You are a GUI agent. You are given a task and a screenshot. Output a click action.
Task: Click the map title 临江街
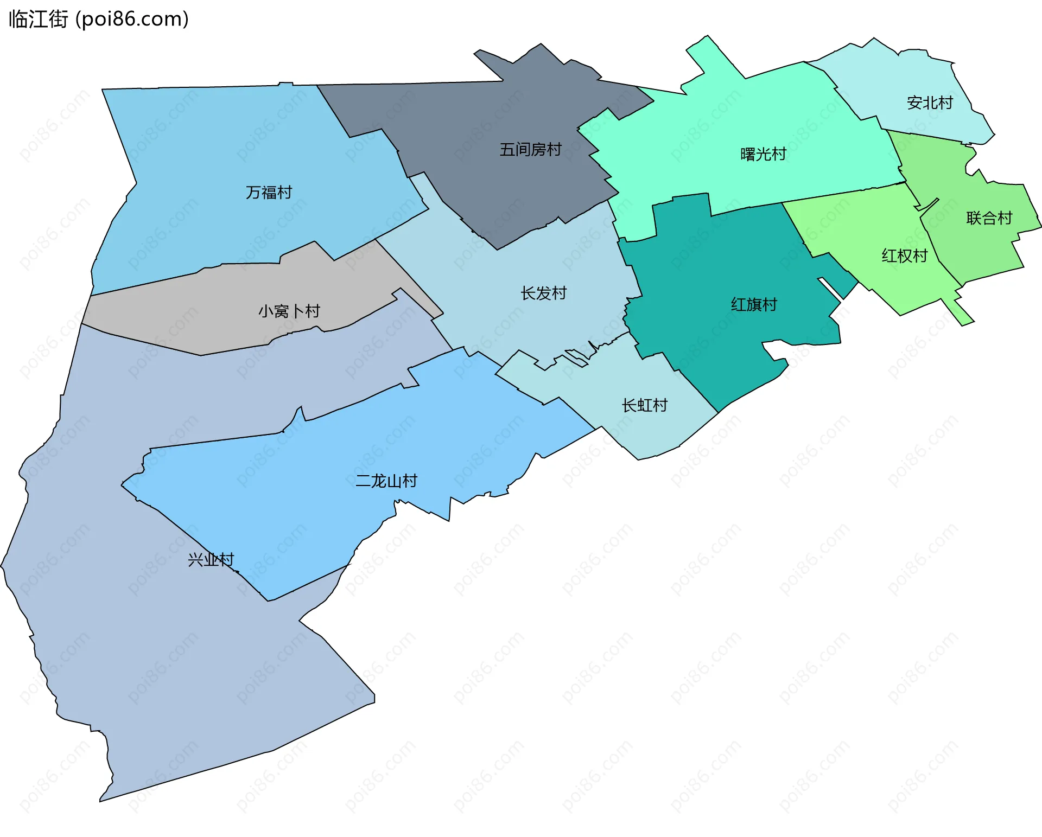(x=38, y=20)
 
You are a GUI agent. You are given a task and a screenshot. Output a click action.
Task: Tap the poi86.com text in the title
(x=132, y=20)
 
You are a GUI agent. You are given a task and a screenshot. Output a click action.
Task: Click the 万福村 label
(x=269, y=193)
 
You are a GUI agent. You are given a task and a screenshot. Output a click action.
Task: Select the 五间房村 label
(x=530, y=150)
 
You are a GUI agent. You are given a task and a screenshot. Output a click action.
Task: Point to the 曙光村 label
(x=763, y=155)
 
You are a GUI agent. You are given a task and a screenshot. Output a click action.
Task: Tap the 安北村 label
(x=930, y=103)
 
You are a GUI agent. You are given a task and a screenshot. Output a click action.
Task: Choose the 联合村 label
(x=989, y=218)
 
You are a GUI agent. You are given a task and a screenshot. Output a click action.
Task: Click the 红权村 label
(x=904, y=256)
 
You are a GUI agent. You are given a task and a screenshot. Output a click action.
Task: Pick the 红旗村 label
(x=754, y=305)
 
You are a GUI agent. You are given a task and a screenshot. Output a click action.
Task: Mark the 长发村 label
(x=543, y=293)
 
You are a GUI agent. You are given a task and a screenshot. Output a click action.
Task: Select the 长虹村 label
(x=644, y=406)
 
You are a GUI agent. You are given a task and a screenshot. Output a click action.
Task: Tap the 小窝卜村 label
(x=289, y=311)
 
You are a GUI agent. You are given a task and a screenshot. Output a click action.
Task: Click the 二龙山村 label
(x=386, y=481)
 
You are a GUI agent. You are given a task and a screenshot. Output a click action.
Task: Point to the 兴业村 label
(x=211, y=560)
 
